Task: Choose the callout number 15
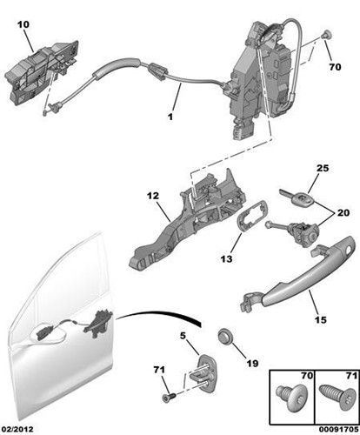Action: click(321, 318)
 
